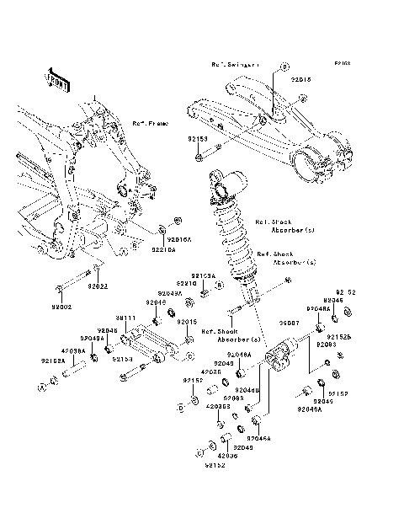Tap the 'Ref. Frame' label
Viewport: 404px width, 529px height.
[149, 123]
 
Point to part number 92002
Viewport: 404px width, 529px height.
[65, 308]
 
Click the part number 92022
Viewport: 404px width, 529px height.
[98, 287]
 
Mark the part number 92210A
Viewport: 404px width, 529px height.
[163, 250]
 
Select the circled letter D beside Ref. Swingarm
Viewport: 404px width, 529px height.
[284, 66]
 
